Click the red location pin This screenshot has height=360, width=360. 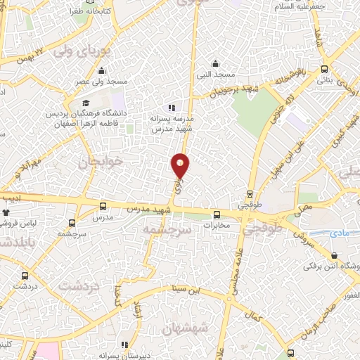tap(181, 165)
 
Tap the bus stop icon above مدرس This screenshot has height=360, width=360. tap(103, 206)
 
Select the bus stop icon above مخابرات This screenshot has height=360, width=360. tap(217, 215)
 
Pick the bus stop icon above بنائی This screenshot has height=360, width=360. tap(323, 70)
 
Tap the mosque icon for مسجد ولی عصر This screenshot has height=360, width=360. tap(102, 70)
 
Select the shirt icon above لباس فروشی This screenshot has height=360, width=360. tap(6, 212)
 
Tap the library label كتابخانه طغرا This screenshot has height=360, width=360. tap(76, 12)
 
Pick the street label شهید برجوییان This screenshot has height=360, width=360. tap(224, 90)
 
